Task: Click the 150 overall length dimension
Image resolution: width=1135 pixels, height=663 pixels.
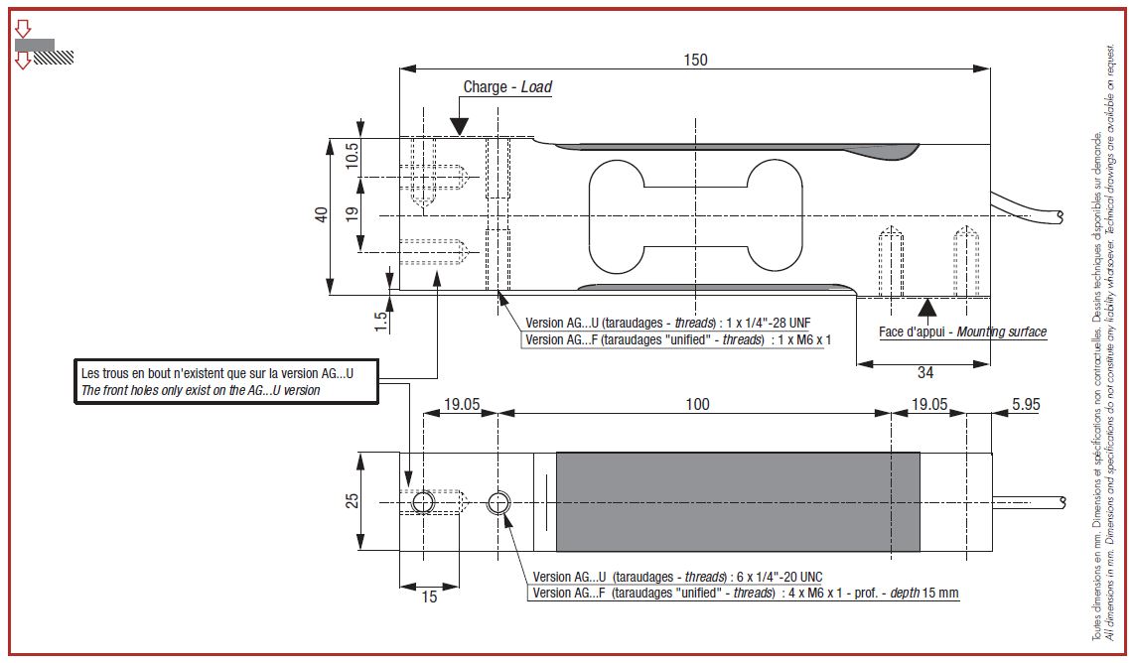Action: (x=695, y=60)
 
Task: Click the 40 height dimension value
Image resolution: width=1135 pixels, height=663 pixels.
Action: (x=322, y=215)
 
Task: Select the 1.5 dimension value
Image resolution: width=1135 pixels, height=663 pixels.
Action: (x=380, y=320)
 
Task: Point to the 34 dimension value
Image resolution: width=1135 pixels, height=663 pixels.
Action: (x=924, y=373)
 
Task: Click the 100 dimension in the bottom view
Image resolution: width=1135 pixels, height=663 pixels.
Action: (x=698, y=404)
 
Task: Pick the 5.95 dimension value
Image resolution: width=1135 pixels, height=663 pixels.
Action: (x=1024, y=404)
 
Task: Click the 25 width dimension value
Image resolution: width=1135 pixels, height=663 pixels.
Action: (x=351, y=502)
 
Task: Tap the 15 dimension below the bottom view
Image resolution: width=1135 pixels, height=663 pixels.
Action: (x=429, y=597)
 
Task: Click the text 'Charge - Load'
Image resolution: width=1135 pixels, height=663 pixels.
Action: (x=507, y=87)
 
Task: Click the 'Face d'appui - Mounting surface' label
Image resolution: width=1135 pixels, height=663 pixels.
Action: (x=962, y=331)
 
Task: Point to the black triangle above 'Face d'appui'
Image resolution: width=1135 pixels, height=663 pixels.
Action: (x=925, y=307)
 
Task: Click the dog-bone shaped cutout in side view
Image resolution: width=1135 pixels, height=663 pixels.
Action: (x=694, y=216)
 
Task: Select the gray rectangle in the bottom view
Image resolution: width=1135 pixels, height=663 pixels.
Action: (x=737, y=502)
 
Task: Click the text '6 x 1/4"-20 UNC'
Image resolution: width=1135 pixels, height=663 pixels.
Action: (x=775, y=577)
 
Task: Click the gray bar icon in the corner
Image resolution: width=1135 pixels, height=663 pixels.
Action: (x=36, y=45)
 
